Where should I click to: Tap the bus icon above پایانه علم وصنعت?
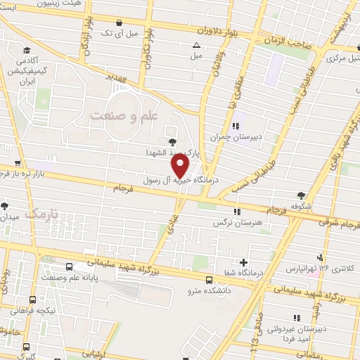[69, 268]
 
